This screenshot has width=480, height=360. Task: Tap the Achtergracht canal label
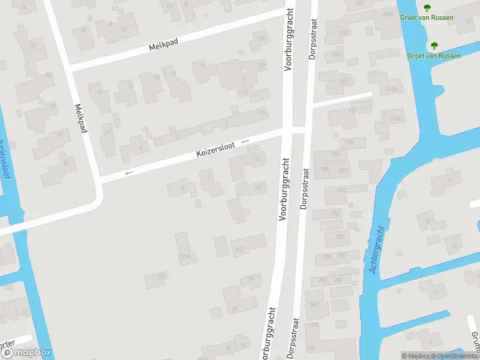378,251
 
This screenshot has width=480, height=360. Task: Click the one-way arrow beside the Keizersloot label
245,142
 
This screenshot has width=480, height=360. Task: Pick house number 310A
395,118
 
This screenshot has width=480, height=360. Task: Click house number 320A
387,13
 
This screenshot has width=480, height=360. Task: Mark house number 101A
184,256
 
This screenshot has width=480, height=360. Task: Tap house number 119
261,112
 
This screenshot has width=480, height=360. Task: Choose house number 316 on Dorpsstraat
337,55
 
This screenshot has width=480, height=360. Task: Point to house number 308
349,142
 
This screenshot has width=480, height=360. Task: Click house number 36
65,162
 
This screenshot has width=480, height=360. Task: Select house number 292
340,237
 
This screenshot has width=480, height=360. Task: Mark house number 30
47,75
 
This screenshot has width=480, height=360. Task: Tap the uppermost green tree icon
427,8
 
